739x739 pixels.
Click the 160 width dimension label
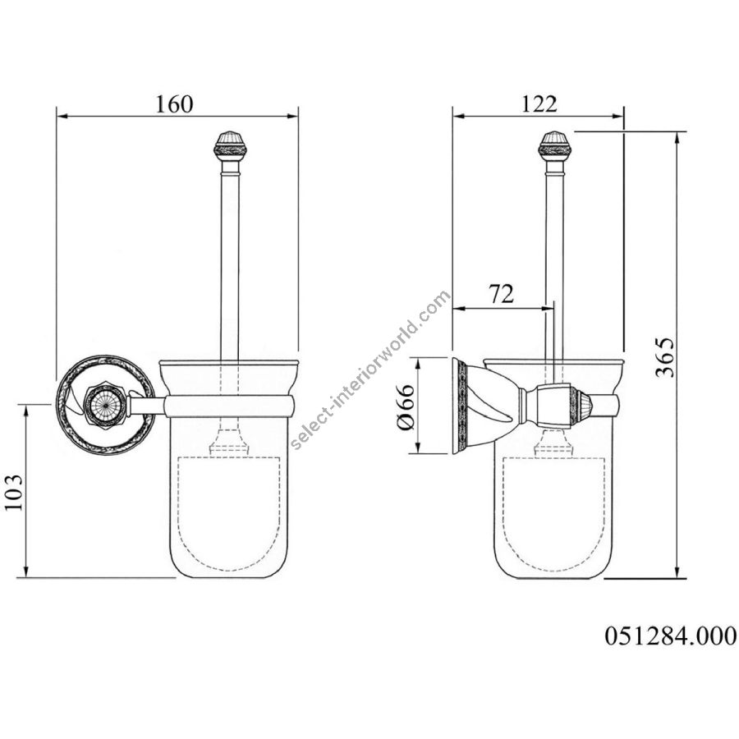point(174,104)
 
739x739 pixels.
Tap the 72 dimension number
point(501,294)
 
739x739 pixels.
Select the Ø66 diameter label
point(406,407)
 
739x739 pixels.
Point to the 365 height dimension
point(665,357)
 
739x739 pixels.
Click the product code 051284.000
point(670,636)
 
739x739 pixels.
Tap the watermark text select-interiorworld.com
point(369,370)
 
